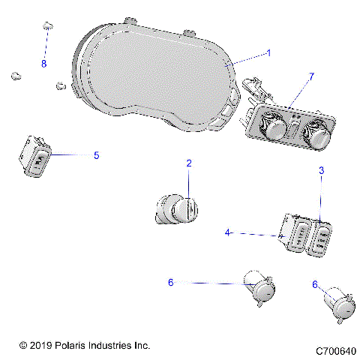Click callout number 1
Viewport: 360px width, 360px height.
[x=268, y=53]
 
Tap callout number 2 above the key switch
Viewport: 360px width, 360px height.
[x=189, y=163]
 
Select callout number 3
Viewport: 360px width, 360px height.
[x=321, y=171]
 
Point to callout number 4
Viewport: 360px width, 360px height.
[x=226, y=232]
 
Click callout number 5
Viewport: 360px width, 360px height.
[x=96, y=155]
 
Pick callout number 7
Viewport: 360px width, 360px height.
[x=312, y=76]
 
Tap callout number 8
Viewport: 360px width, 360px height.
[x=43, y=64]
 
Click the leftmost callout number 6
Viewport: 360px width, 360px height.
[x=170, y=282]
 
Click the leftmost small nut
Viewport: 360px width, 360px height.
[x=14, y=75]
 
